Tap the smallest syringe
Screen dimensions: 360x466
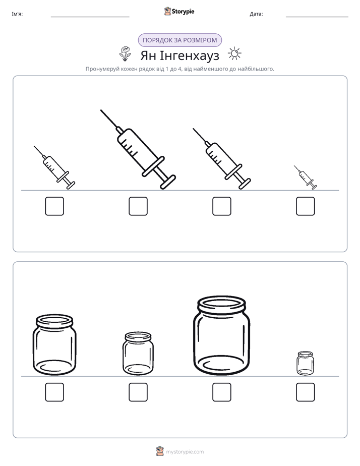[306, 178]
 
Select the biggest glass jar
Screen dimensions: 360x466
[221, 335]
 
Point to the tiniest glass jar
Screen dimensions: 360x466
[305, 363]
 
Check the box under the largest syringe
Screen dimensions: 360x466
[138, 206]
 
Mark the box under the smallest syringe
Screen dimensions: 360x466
[306, 206]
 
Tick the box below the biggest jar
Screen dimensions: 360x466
[221, 392]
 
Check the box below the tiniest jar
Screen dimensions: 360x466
[306, 392]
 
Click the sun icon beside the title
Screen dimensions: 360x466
[234, 54]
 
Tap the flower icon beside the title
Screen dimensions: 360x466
[126, 53]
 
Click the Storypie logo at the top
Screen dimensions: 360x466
[179, 11]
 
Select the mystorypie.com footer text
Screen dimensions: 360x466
[185, 452]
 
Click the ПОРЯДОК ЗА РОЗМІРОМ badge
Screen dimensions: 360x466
[179, 40]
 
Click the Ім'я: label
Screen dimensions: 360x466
[17, 14]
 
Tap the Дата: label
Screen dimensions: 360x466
[256, 14]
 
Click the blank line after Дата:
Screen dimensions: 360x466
[317, 17]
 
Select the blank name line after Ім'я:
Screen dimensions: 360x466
[90, 17]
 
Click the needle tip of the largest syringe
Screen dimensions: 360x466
[101, 110]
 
